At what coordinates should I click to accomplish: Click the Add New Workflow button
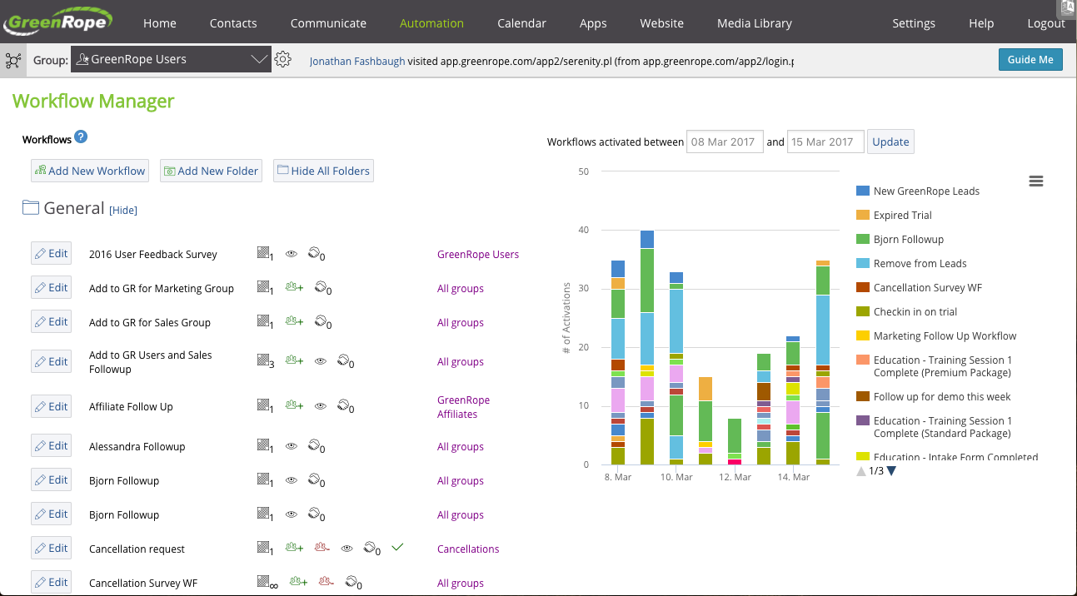pyautogui.click(x=90, y=171)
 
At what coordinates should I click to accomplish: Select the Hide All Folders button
pyautogui.click(x=323, y=171)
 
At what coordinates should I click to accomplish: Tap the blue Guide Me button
pyautogui.click(x=1030, y=60)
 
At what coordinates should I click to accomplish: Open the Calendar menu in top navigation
pyautogui.click(x=521, y=23)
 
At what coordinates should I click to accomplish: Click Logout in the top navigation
pyautogui.click(x=1046, y=23)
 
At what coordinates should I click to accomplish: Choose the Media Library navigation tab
pyautogui.click(x=755, y=23)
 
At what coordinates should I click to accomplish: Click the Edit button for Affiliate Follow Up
pyautogui.click(x=51, y=406)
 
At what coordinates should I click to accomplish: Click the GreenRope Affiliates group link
pyautogui.click(x=463, y=407)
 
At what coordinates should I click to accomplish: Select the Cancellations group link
pyautogui.click(x=468, y=549)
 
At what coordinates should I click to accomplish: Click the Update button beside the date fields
pyautogui.click(x=890, y=142)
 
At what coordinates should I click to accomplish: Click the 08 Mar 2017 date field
pyautogui.click(x=723, y=142)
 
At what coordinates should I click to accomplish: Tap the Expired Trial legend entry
pyautogui.click(x=902, y=216)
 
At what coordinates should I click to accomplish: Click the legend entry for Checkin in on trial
pyautogui.click(x=915, y=312)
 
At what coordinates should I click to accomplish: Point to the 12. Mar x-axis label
pyautogui.click(x=735, y=478)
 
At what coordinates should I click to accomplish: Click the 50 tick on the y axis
pyautogui.click(x=583, y=171)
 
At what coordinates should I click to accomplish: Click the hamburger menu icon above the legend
pyautogui.click(x=1036, y=181)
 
